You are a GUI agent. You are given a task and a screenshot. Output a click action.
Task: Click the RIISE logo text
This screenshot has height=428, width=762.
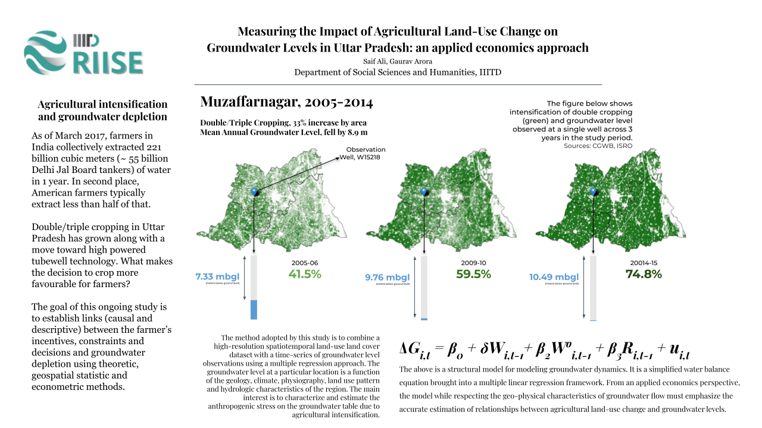click(x=107, y=62)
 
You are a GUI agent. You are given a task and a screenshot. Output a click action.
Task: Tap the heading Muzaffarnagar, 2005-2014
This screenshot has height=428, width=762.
click(x=287, y=102)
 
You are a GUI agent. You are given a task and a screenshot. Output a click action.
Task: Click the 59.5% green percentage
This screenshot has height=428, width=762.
click(x=473, y=274)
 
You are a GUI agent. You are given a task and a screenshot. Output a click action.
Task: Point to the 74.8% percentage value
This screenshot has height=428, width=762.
click(x=644, y=274)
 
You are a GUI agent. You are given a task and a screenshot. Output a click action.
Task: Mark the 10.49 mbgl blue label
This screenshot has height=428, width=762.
click(x=554, y=277)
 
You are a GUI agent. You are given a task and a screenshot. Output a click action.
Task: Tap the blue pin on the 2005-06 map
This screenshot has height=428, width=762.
click(x=255, y=191)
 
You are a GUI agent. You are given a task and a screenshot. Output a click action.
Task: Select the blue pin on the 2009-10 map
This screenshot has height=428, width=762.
click(x=424, y=191)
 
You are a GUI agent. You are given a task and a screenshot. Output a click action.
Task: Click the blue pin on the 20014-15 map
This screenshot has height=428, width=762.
click(x=594, y=191)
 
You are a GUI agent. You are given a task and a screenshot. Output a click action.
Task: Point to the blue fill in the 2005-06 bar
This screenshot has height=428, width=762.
click(x=254, y=310)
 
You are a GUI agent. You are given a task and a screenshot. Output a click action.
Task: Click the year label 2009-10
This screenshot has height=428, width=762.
click(x=473, y=262)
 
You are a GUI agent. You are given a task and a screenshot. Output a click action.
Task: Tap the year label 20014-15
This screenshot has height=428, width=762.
click(x=643, y=262)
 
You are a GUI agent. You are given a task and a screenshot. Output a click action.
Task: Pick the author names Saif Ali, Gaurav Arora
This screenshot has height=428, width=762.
click(x=398, y=61)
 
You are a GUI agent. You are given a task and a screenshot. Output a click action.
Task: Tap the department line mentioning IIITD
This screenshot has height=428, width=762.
click(x=398, y=73)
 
